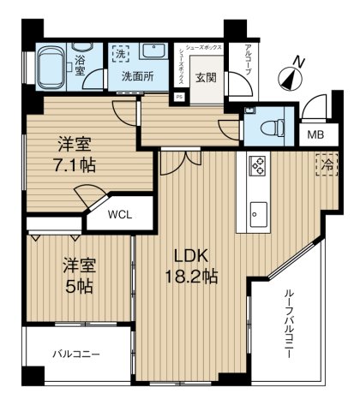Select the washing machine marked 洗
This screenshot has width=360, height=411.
(123, 53)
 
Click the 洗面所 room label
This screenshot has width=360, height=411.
(136, 75)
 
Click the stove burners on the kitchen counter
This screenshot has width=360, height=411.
(259, 164)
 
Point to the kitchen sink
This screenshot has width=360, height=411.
(259, 211)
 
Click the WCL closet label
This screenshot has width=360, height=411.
(121, 216)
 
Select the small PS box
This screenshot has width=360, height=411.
(178, 97)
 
